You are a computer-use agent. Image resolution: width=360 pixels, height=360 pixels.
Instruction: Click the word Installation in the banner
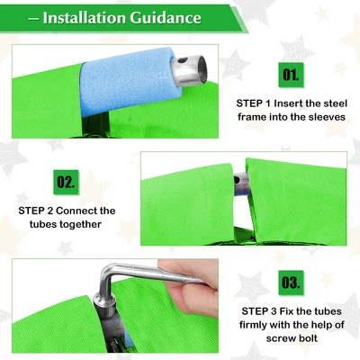point(84,17)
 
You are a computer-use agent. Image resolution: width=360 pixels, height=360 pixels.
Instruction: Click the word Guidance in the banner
point(166,17)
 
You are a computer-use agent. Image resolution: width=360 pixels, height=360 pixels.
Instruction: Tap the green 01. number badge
point(291,75)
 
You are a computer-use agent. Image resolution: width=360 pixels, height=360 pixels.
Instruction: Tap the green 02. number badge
point(66,182)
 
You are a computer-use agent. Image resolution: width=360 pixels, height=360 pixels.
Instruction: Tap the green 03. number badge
point(291,283)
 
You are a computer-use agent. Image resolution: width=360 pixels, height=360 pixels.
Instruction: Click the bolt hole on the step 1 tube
point(181,61)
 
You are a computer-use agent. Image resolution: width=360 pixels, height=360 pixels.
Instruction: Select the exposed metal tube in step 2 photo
point(242,184)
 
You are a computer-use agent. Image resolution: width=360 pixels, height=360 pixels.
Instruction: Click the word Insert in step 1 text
point(290,103)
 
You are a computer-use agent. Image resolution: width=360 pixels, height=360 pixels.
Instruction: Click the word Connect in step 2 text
point(76,211)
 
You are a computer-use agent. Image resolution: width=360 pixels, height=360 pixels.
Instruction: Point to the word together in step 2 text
point(80,224)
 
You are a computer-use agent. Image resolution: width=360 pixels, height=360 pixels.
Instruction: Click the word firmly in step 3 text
point(253,325)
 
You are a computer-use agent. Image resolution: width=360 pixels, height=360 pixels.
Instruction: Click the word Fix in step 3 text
point(286,311)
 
